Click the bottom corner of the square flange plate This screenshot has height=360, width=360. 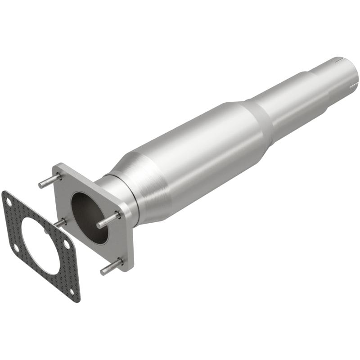(130, 269)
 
